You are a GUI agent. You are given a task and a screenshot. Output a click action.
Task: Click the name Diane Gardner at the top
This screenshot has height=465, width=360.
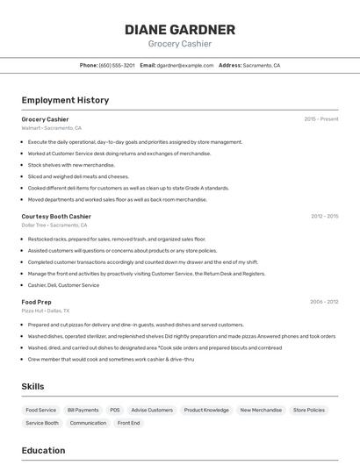click(x=179, y=29)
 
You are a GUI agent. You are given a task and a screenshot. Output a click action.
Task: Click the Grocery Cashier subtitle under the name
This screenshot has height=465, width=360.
click(x=179, y=44)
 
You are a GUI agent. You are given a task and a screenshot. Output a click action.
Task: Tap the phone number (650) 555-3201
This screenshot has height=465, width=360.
click(x=117, y=66)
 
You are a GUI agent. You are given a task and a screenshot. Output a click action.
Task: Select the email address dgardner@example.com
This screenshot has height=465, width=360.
click(x=185, y=66)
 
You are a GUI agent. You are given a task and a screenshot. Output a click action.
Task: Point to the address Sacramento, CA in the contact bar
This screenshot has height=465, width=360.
click(x=262, y=66)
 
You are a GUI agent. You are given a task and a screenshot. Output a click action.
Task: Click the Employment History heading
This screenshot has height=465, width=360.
click(x=65, y=100)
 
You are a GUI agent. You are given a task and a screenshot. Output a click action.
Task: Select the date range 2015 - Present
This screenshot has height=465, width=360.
click(x=320, y=119)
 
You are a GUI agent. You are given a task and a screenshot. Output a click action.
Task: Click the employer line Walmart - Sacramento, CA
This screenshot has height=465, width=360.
click(x=51, y=128)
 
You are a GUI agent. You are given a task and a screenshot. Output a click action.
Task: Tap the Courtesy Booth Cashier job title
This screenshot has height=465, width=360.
click(x=56, y=216)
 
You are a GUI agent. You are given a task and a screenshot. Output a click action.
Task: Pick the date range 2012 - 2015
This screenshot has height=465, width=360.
click(x=324, y=216)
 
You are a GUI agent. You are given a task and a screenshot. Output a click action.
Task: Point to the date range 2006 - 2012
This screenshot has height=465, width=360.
click(x=324, y=302)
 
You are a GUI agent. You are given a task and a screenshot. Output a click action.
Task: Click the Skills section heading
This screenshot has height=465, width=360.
click(x=32, y=386)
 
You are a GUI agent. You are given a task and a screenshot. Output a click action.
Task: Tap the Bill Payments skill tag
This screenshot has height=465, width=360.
click(x=83, y=410)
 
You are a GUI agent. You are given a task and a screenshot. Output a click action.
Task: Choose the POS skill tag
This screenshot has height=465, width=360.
click(x=115, y=410)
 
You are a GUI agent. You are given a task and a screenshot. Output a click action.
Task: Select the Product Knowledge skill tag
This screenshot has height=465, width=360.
click(x=206, y=410)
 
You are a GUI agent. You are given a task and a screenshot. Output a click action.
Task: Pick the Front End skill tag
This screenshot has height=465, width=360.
click(x=129, y=423)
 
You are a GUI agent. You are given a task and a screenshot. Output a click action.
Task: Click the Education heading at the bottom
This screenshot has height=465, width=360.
click(x=43, y=451)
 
